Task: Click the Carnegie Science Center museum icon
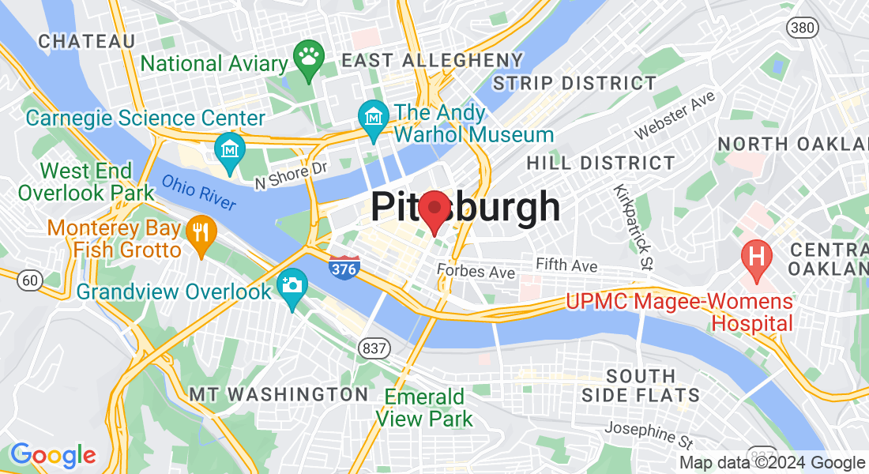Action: (230, 149)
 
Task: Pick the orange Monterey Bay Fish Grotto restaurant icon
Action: (201, 232)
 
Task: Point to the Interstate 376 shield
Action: (344, 266)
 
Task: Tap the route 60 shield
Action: (30, 280)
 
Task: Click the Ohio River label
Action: (199, 192)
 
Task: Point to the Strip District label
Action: (574, 83)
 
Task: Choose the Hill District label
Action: (600, 164)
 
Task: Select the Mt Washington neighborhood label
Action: (278, 393)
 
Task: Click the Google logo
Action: (53, 455)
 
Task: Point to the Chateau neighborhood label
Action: (87, 40)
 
